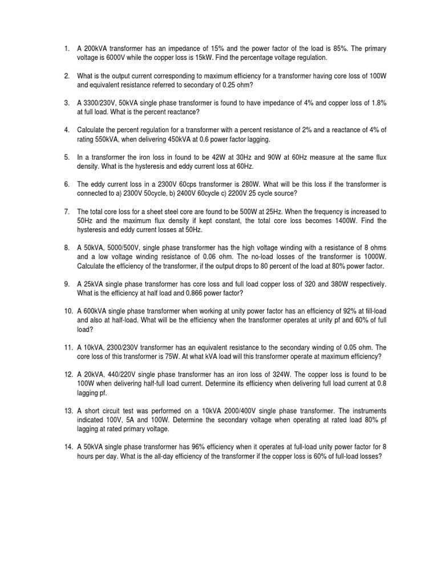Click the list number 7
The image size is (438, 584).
[67, 211]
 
